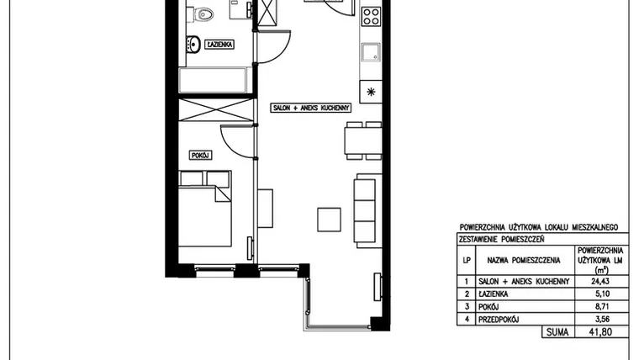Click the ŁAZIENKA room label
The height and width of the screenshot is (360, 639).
[219, 44]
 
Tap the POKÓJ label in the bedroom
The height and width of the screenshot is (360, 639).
[200, 156]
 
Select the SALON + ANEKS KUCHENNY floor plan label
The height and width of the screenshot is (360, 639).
[310, 108]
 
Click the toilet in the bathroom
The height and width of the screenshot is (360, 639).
[202, 15]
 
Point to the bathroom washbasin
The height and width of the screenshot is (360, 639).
[193, 44]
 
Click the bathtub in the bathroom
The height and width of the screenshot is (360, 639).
[213, 80]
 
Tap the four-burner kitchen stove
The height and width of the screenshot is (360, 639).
[372, 17]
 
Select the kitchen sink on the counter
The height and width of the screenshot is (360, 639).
[371, 53]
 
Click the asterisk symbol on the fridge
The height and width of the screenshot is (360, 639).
[371, 92]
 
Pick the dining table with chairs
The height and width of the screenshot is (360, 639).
[363, 140]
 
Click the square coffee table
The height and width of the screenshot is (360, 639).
[330, 220]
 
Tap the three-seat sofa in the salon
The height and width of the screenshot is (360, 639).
[367, 211]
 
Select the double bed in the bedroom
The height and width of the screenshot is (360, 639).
[205, 209]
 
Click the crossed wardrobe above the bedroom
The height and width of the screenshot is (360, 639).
[216, 110]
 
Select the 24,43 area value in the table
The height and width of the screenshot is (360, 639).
[600, 281]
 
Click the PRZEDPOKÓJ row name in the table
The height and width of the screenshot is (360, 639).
[499, 320]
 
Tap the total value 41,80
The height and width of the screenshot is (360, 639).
[600, 332]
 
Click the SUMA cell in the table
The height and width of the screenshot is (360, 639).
[557, 332]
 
